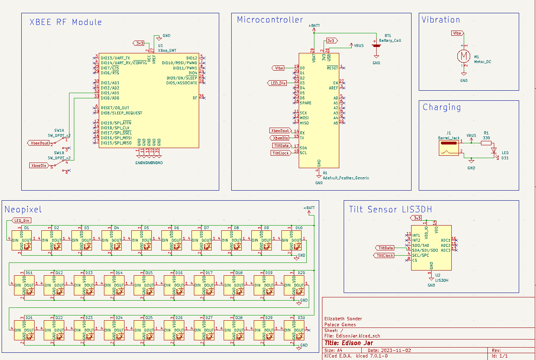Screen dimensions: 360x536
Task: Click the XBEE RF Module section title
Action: (x=66, y=22)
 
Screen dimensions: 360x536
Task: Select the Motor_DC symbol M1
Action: (x=464, y=56)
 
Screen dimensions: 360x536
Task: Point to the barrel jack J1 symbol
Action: (x=448, y=148)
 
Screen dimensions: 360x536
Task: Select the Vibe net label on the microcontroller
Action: (x=279, y=68)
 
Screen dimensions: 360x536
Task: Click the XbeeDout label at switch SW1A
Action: (x=39, y=143)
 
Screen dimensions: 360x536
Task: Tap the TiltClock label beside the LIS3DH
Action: (x=385, y=256)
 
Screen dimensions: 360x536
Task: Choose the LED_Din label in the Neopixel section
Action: (x=22, y=220)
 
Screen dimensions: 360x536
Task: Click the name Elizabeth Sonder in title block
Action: (x=343, y=319)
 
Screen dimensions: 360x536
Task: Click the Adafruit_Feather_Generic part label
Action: (x=346, y=178)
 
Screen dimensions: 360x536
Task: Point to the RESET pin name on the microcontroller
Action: (x=332, y=68)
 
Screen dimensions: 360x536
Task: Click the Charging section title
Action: (x=442, y=107)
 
